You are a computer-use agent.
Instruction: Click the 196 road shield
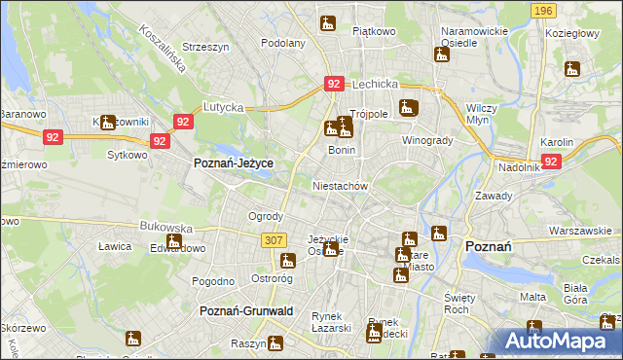pyautogui.click(x=544, y=10)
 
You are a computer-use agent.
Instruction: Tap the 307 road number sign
pyautogui.click(x=274, y=239)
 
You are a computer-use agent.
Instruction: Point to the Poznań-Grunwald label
pyautogui.click(x=246, y=310)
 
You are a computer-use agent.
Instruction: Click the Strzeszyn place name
pyautogui.click(x=204, y=46)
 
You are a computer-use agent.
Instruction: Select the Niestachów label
pyautogui.click(x=339, y=185)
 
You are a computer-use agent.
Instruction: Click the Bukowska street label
pyautogui.click(x=162, y=227)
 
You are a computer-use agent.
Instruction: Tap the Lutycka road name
pyautogui.click(x=222, y=106)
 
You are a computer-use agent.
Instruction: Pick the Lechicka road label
pyautogui.click(x=377, y=85)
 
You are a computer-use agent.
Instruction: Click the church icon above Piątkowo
pyautogui.click(x=328, y=21)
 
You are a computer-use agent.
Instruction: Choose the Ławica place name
pyautogui.click(x=115, y=246)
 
